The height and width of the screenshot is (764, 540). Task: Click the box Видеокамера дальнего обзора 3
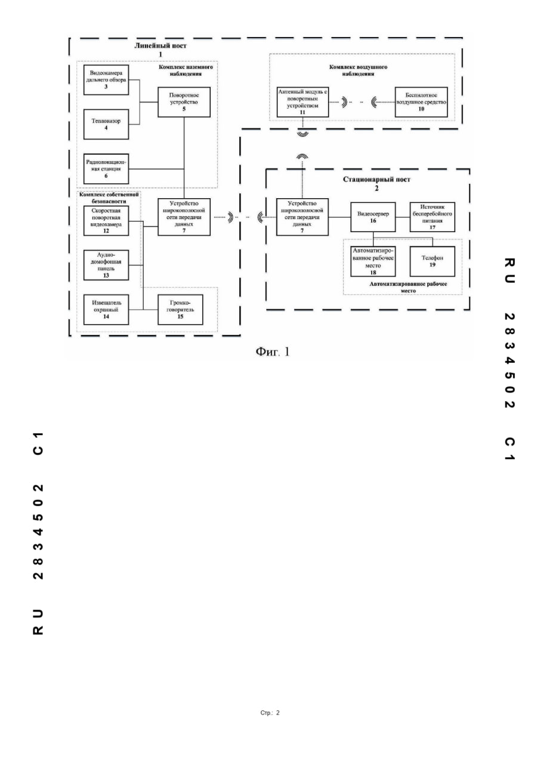click(107, 80)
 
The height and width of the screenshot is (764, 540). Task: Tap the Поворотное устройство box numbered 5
click(184, 102)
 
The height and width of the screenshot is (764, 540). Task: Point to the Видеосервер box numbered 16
click(373, 217)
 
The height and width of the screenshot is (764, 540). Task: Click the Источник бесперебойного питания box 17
click(433, 217)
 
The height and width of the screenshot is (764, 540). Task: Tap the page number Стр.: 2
click(270, 713)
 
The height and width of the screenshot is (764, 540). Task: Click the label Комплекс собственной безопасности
click(109, 198)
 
